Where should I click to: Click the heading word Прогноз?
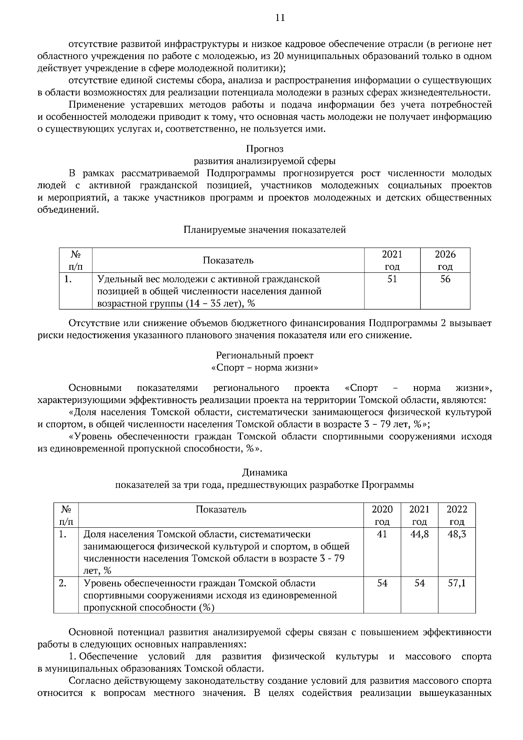[265, 149]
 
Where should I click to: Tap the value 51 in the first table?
[392, 279]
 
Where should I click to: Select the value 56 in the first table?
[445, 279]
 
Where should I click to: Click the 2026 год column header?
[445, 260]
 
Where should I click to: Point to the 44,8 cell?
[419, 534]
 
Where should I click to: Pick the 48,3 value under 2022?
[457, 534]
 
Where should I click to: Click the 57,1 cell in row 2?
[457, 583]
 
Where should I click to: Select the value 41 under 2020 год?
[382, 534]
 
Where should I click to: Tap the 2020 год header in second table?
[382, 515]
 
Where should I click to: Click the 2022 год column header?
[457, 515]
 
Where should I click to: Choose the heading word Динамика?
[265, 472]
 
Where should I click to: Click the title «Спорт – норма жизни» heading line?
[265, 367]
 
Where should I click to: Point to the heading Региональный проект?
[265, 355]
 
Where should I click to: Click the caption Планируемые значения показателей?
[265, 230]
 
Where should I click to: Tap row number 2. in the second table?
[62, 583]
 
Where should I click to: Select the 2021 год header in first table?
[392, 260]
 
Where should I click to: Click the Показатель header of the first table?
[228, 261]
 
